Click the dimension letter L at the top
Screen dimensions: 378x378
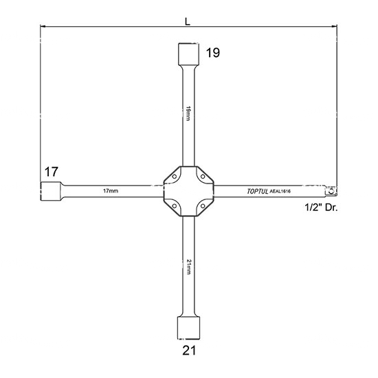[188, 22]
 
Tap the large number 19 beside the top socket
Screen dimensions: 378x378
[213, 52]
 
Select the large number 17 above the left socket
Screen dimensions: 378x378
[52, 172]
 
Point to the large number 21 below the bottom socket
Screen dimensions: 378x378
[189, 351]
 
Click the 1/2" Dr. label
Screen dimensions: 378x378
[321, 208]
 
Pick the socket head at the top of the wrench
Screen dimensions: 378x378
[188, 54]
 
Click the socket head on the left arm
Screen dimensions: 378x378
[51, 191]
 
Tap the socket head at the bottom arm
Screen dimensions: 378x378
[188, 328]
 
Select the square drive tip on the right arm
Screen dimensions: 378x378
[331, 191]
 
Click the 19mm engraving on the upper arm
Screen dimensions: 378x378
[188, 113]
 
